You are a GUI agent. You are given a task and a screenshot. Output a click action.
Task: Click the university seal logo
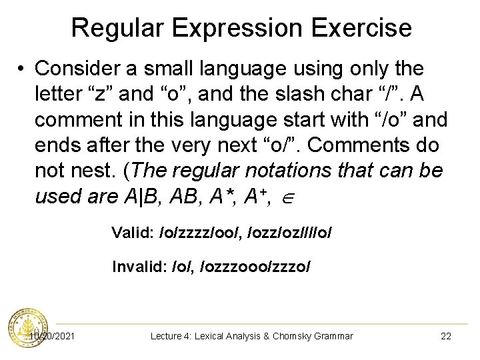pyautogui.click(x=27, y=329)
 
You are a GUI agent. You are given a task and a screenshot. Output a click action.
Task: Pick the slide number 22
pyautogui.click(x=446, y=336)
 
